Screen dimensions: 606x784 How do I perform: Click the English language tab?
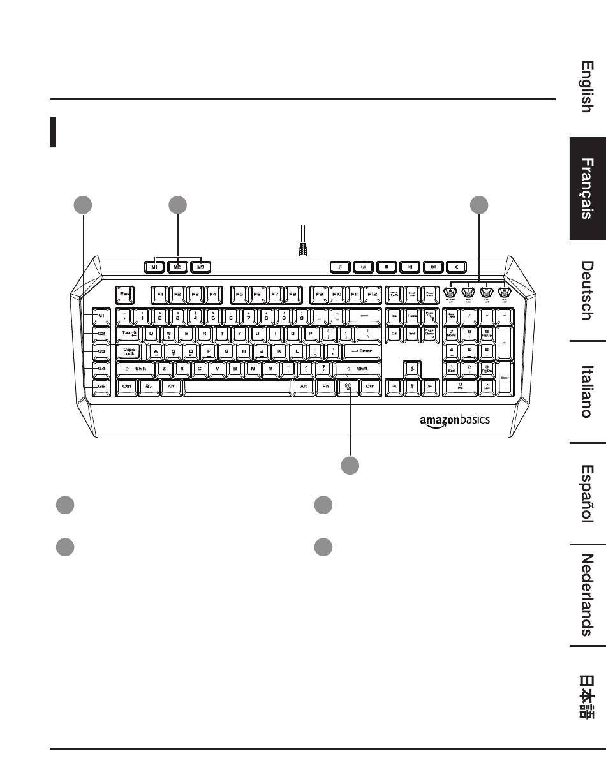588,86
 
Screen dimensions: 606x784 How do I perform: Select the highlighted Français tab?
588,189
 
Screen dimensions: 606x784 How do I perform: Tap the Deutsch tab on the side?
588,290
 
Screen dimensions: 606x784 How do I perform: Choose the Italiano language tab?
588,391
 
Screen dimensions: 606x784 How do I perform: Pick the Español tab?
588,492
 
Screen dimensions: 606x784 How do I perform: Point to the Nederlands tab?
588,595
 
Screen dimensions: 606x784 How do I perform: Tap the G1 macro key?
101,316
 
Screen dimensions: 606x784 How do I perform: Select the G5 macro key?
101,387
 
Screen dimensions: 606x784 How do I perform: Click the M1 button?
154,267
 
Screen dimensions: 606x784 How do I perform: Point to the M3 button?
200,267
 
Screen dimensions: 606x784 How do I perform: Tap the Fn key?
325,387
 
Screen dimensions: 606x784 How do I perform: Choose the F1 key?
159,295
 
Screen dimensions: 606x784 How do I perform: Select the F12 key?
373,295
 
